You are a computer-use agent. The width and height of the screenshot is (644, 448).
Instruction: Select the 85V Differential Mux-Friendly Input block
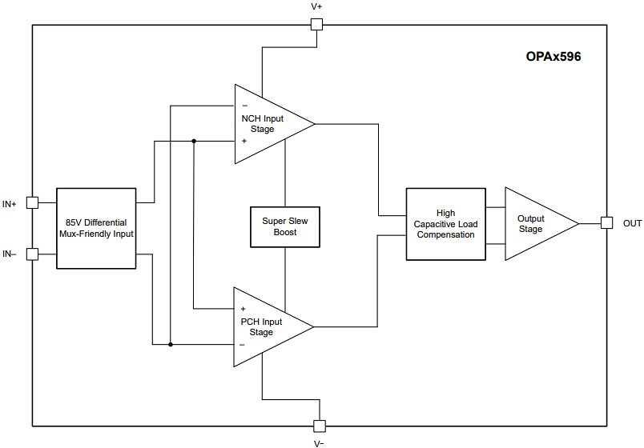click(x=97, y=228)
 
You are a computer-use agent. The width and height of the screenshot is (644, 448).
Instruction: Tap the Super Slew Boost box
click(x=284, y=226)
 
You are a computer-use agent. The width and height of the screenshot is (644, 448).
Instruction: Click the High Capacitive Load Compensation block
click(x=445, y=224)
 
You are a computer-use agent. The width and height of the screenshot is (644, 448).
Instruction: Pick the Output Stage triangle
click(x=533, y=224)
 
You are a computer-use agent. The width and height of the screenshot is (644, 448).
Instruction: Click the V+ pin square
click(x=316, y=24)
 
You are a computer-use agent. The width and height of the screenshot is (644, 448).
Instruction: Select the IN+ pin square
click(x=32, y=203)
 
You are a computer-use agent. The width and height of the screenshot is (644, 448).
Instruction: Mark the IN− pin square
click(x=32, y=254)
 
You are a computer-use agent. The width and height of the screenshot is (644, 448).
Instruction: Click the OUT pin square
click(x=606, y=223)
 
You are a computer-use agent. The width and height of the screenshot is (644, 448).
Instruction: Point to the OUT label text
click(x=632, y=224)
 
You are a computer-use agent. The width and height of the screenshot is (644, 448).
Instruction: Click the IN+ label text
click(x=10, y=205)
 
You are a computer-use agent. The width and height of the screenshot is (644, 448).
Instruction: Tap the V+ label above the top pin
click(x=316, y=6)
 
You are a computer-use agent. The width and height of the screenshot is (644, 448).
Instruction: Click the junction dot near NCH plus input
click(x=194, y=142)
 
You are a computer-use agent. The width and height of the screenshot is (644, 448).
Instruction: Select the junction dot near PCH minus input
click(x=171, y=345)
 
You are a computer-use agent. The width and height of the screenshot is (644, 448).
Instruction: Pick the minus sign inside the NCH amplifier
click(x=244, y=106)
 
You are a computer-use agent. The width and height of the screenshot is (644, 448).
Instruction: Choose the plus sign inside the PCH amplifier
click(x=243, y=309)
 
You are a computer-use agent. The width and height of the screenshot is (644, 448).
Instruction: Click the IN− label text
click(x=10, y=254)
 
